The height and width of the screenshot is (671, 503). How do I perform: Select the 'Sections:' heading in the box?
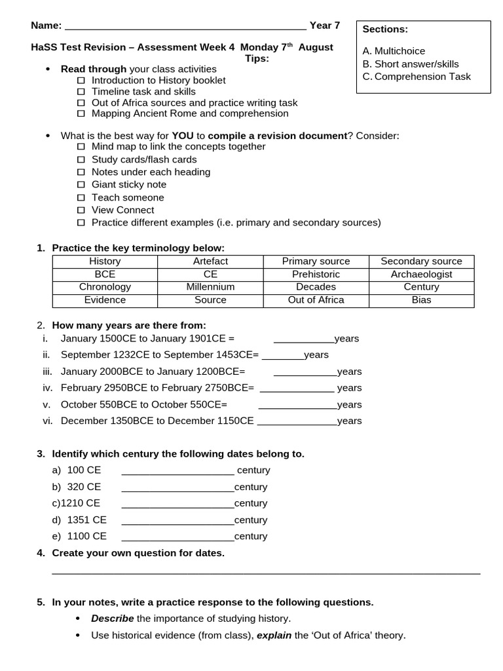pos(385,29)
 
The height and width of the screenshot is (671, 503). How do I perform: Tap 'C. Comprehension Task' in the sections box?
pos(417,77)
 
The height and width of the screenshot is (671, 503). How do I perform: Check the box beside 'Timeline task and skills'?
pos(81,92)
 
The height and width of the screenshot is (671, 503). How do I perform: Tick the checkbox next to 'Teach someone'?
pos(81,198)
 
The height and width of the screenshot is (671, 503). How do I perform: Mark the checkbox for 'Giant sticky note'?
pos(81,185)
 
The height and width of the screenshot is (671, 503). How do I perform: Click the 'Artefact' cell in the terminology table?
pos(210,261)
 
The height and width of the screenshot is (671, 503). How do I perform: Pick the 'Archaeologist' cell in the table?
pos(421,275)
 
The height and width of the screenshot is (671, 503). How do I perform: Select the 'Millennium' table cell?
pos(210,287)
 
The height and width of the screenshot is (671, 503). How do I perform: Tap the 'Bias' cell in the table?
pos(421,300)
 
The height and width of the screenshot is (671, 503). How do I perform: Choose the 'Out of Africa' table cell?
pos(316,300)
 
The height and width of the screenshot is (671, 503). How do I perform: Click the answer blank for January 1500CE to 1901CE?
pos(303,339)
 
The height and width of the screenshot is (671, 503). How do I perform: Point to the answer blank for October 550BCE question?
pos(298,405)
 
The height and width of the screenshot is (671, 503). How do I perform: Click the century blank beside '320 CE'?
pos(177,488)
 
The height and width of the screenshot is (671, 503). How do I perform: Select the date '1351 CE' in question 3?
pos(86,520)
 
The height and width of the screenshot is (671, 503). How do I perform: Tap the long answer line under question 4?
pos(265,572)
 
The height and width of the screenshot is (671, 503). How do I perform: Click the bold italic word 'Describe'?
pos(112,619)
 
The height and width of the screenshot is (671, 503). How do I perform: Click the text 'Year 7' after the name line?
pos(325,26)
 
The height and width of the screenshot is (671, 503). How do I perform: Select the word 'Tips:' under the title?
pos(257,58)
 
